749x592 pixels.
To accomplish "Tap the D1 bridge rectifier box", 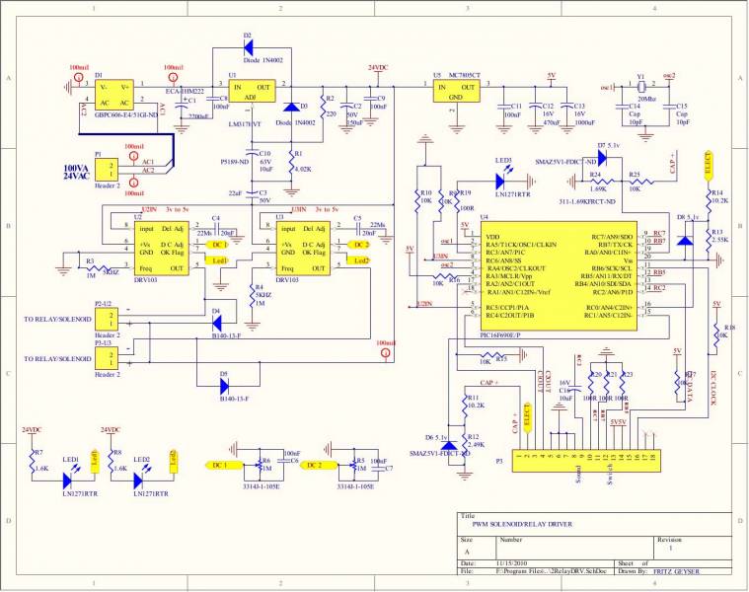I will click(116, 95).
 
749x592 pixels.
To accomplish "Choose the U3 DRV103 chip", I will click(305, 242).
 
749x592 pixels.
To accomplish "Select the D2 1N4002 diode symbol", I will click(247, 46).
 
